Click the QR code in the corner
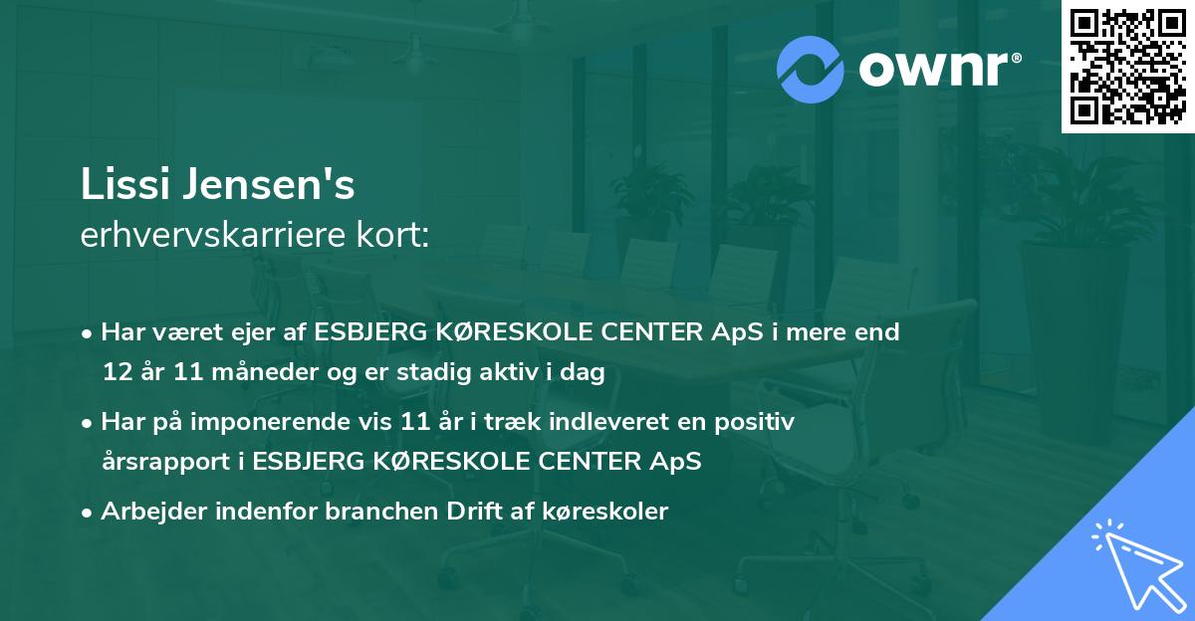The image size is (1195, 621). point(1128,67)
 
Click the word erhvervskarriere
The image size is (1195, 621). point(216,235)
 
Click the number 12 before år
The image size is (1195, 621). point(117,372)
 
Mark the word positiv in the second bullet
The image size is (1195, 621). point(756,422)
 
